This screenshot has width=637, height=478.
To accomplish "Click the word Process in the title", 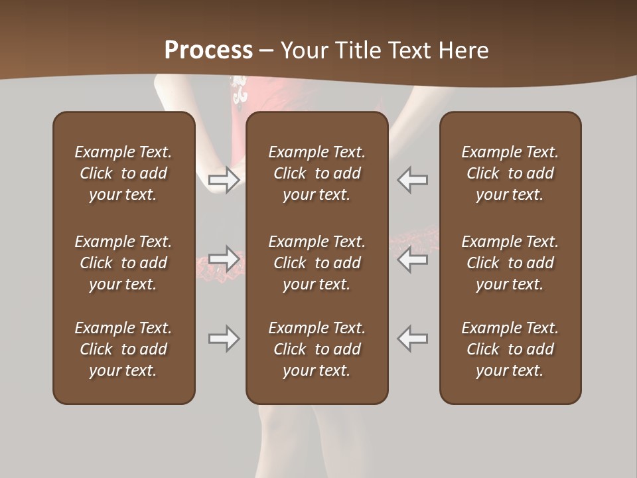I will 208,50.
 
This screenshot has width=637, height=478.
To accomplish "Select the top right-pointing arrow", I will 224,180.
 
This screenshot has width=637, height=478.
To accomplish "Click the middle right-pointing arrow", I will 224,258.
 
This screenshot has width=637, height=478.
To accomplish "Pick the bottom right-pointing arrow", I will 224,339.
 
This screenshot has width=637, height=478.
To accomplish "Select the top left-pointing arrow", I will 413,180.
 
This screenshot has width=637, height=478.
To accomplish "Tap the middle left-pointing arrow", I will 413,258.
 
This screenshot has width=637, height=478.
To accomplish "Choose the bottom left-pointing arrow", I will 413,339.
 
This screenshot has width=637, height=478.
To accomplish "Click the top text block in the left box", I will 123,173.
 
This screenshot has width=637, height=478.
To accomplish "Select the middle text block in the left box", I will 123,263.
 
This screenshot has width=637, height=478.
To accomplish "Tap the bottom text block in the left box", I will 123,349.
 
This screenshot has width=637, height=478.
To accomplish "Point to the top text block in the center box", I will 317,173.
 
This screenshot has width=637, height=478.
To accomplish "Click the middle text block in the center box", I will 317,263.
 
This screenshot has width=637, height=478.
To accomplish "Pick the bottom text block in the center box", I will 317,349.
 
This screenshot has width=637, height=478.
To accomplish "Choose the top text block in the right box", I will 510,173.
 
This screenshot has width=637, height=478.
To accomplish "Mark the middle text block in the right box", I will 510,263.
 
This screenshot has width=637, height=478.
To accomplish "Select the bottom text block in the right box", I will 510,349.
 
